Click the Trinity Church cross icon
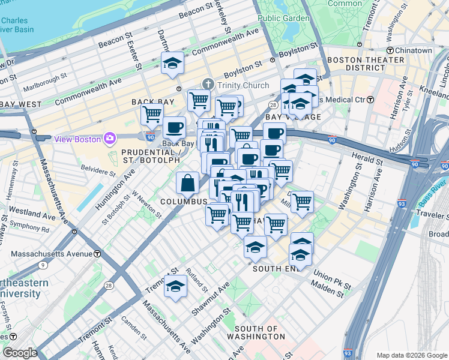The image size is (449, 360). (x=208, y=85)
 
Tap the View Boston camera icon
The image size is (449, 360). (x=110, y=139)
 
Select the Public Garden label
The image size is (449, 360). (x=284, y=18)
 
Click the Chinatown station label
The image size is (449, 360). (x=415, y=51)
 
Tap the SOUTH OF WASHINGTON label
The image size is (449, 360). (x=260, y=332)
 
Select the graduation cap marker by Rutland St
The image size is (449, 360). (x=175, y=286)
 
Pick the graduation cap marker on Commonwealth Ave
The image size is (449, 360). (x=173, y=63)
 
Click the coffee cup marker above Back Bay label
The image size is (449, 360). (x=174, y=127)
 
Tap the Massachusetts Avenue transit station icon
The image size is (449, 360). (x=98, y=254)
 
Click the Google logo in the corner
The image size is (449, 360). (x=20, y=353)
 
